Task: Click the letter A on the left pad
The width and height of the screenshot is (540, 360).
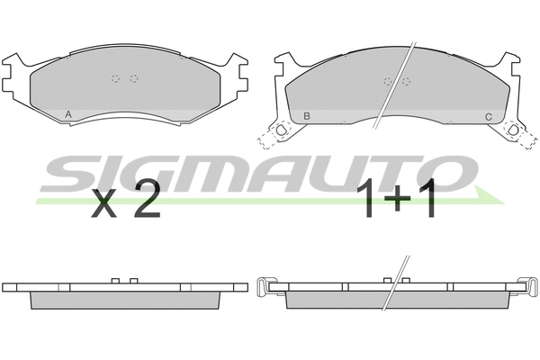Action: [x=68, y=114]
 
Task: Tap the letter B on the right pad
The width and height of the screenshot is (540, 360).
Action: [x=307, y=116]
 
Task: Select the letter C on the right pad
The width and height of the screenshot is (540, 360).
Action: [x=489, y=117]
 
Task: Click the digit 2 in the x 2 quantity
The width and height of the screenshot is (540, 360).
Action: [x=148, y=200]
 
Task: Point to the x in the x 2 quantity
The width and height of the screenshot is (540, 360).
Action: [x=104, y=204]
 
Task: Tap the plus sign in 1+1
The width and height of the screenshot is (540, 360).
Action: [x=397, y=199]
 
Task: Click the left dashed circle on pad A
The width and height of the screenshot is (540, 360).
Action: [x=115, y=78]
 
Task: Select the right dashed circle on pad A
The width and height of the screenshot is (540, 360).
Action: [x=134, y=78]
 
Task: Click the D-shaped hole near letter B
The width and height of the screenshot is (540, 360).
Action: [x=282, y=130]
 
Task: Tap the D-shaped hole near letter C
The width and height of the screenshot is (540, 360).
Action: [x=513, y=130]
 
